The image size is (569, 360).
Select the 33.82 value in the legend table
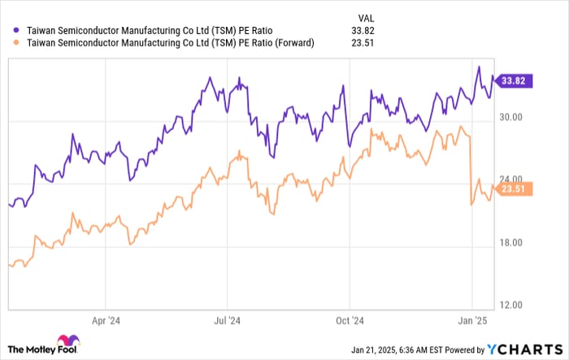tap(368, 31)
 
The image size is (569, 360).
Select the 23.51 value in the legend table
tap(368, 44)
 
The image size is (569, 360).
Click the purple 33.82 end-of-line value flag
tap(515, 80)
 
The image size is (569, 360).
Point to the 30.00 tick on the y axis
tap(513, 119)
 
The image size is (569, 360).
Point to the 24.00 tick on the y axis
tap(513, 180)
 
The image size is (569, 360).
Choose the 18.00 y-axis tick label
tap(513, 243)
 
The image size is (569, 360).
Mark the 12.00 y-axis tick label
tap(513, 306)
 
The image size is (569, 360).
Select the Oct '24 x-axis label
tap(351, 320)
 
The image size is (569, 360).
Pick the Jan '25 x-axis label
tap(474, 320)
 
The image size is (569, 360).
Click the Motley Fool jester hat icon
tap(67, 342)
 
